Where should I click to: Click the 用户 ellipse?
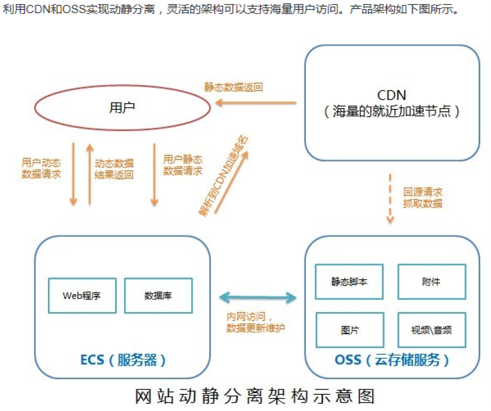[122, 108]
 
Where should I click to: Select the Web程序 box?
[82, 295]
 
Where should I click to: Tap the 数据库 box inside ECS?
[158, 295]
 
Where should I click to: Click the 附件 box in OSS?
[431, 281]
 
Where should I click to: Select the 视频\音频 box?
[431, 329]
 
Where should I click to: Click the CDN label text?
[391, 95]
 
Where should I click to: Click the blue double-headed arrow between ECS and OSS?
[258, 296]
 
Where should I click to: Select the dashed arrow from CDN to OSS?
[390, 199]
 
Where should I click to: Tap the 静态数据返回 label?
[234, 87]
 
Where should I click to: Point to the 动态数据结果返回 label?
[114, 169]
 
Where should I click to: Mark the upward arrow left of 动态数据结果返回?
[89, 174]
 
